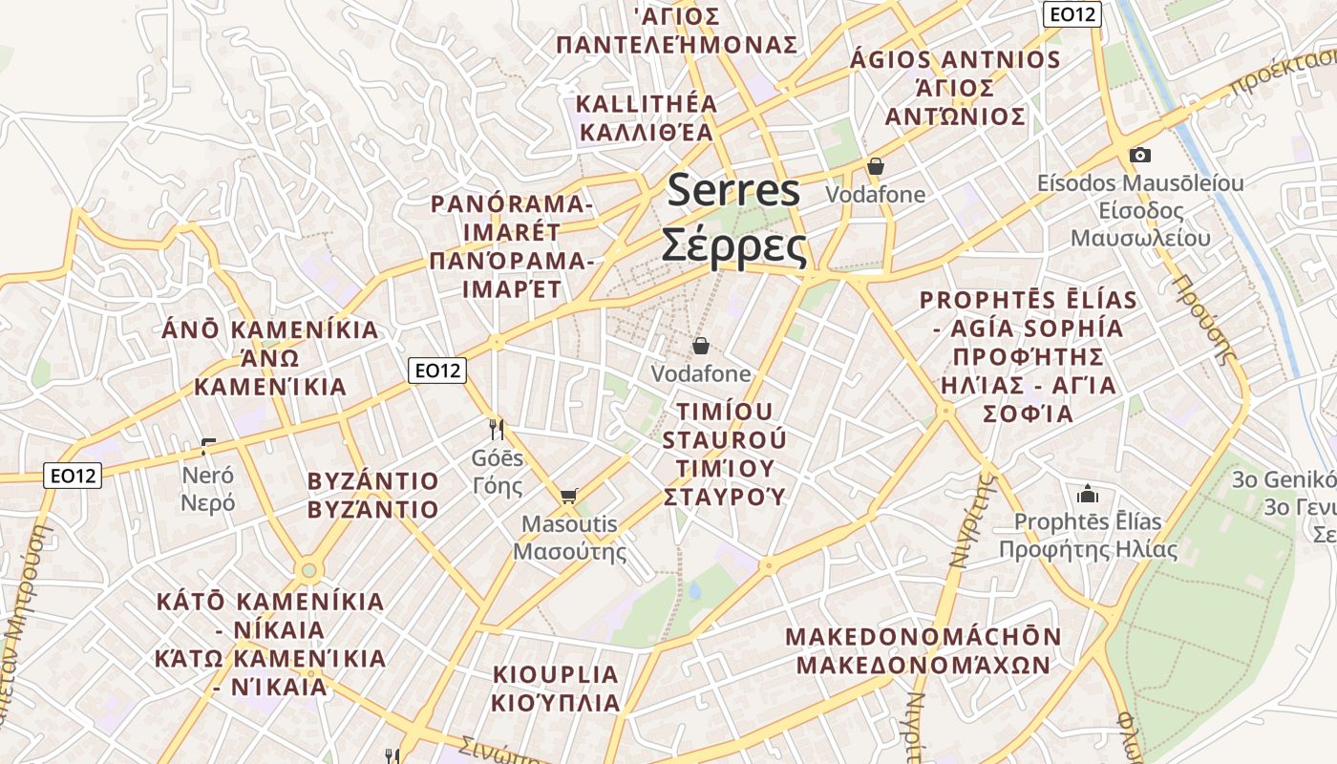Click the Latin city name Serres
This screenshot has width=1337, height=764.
click(x=733, y=190)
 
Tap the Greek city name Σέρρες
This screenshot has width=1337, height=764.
click(x=733, y=245)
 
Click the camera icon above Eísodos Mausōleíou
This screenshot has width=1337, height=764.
click(x=1139, y=155)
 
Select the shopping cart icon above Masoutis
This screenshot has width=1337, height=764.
click(x=568, y=495)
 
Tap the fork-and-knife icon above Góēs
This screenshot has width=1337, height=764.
click(x=496, y=428)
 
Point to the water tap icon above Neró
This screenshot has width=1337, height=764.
click(x=208, y=445)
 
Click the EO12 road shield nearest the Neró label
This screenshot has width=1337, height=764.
click(x=74, y=475)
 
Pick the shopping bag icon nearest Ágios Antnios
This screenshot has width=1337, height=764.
click(x=875, y=166)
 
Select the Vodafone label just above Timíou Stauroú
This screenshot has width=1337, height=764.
click(x=701, y=373)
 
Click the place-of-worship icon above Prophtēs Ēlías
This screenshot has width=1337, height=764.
click(x=1087, y=494)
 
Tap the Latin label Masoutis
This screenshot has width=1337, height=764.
click(x=569, y=524)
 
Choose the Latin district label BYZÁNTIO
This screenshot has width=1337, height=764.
click(x=372, y=481)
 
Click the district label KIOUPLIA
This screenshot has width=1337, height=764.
click(x=556, y=674)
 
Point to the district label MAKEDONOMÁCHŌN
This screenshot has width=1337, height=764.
click(x=923, y=637)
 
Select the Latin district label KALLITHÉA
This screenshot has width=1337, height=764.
click(x=646, y=103)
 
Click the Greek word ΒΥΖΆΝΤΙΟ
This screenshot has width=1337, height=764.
click(x=372, y=509)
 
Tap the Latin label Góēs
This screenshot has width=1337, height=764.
click(x=498, y=457)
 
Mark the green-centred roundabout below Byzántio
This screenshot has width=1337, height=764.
click(x=308, y=571)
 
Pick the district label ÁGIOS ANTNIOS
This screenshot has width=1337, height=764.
click(x=955, y=60)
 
